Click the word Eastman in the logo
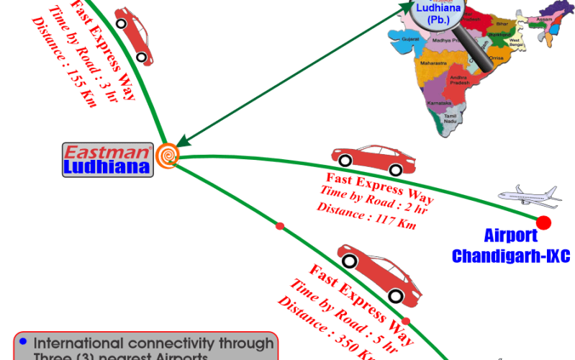[x=107, y=153]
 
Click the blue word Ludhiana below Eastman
[x=107, y=167]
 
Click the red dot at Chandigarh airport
[x=543, y=221]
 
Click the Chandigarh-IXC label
[x=510, y=255]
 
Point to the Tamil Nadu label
[x=451, y=119]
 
